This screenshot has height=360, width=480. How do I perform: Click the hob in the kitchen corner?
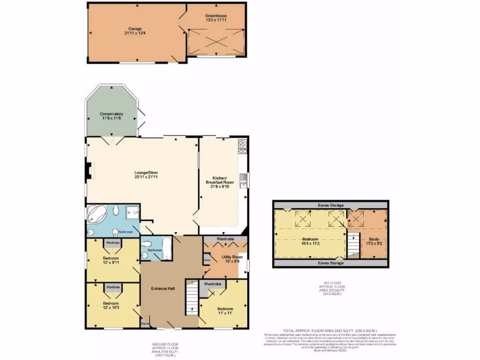coord(243,147)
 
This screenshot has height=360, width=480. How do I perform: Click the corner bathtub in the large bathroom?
coord(95,214)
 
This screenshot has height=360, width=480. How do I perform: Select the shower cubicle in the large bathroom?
coord(133,213)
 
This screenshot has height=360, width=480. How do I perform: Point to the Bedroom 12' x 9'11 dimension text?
coord(111,262)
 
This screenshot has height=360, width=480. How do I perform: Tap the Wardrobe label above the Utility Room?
coord(225,239)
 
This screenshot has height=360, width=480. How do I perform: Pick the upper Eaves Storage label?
coord(330,205)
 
